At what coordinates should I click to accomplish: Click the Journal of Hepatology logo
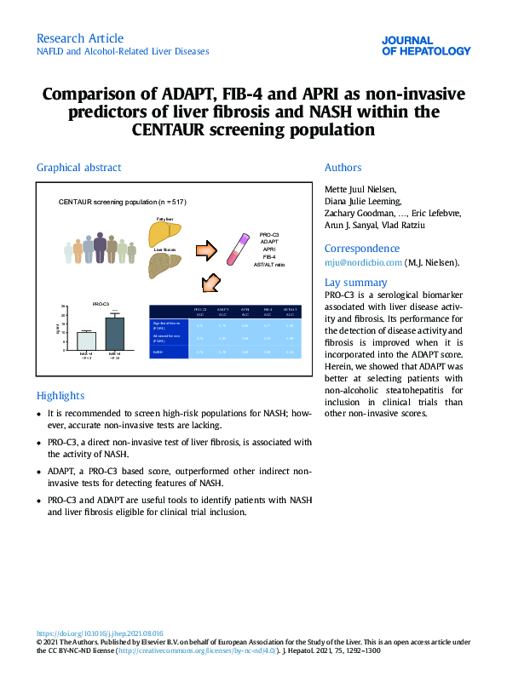point(426,45)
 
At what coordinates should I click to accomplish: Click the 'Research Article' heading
point(80,38)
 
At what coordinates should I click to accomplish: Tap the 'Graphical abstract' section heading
point(78,168)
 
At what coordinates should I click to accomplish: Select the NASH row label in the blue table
point(158,351)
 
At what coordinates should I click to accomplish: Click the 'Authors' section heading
point(343,168)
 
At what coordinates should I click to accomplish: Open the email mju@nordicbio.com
point(362,263)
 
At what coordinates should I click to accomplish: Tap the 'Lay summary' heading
point(355,283)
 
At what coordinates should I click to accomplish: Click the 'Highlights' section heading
point(60,395)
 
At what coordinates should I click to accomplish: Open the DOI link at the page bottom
point(100,634)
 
